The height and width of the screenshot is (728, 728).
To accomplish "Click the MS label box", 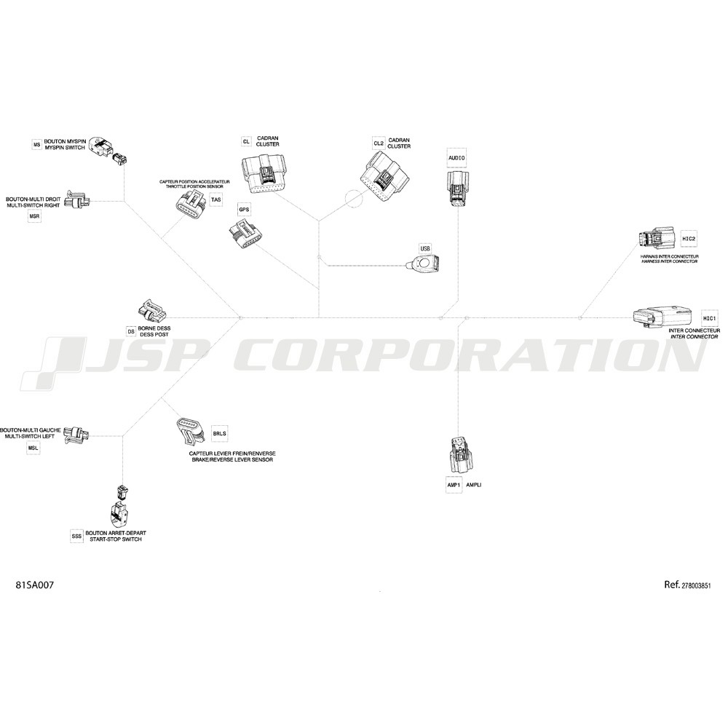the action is (36, 145).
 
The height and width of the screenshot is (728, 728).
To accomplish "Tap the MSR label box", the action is (34, 216).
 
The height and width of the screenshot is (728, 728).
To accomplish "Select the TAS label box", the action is (216, 200).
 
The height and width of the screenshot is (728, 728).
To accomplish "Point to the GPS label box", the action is (244, 210).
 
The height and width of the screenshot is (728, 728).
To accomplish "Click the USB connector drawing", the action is (422, 264).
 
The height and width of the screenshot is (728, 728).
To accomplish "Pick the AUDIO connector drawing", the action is (457, 188).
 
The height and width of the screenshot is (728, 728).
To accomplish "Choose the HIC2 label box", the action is (689, 239).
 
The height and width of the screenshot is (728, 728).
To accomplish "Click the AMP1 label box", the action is (454, 485).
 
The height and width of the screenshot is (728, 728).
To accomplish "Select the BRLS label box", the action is (220, 434).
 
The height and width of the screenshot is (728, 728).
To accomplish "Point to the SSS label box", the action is (76, 537).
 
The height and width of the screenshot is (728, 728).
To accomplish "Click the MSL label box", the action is (33, 448).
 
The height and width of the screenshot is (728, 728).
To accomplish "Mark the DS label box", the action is (131, 331).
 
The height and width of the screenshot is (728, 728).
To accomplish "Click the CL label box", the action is (247, 141).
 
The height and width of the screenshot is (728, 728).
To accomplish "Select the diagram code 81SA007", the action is (35, 585).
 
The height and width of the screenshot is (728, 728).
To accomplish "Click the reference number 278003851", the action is (696, 586).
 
